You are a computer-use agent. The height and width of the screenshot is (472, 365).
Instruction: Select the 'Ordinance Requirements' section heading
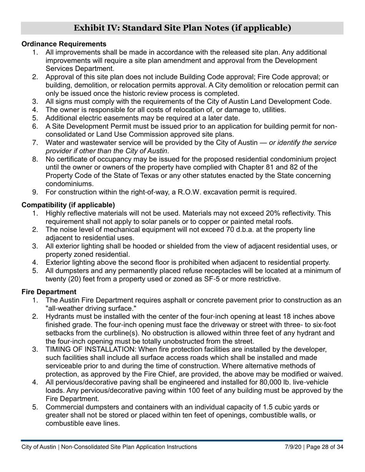click(64, 44)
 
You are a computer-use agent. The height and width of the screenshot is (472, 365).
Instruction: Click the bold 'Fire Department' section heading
click(49, 292)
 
